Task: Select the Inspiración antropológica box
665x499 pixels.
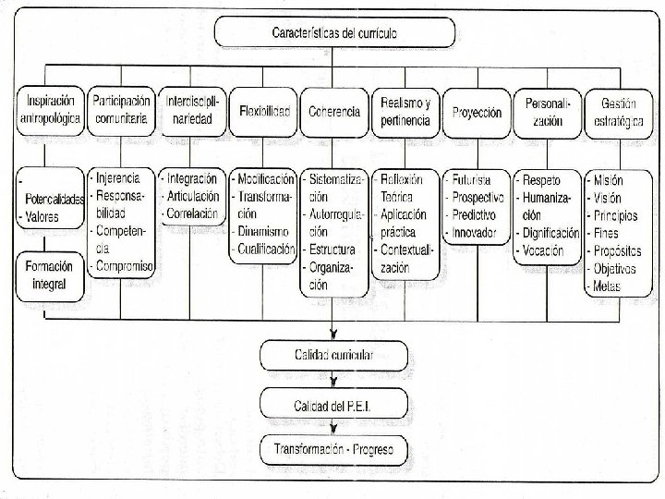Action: coord(51,111)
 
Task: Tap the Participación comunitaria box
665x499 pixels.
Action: coord(121,111)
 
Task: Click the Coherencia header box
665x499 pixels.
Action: coord(333,112)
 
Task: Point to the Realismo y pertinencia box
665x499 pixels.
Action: coord(404,112)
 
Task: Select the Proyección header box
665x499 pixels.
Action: coord(478,112)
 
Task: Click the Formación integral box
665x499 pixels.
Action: coord(51,276)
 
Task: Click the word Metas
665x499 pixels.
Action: coord(611,287)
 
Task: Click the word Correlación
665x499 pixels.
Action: coord(195,214)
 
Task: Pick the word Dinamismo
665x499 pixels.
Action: coord(267,232)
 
